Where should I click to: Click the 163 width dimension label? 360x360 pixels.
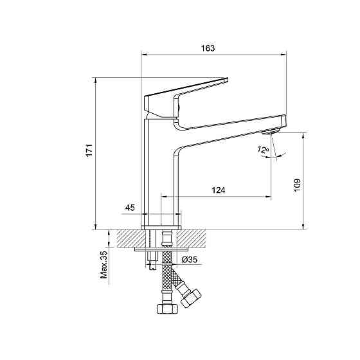(x=208, y=48)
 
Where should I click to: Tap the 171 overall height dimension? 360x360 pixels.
(x=89, y=150)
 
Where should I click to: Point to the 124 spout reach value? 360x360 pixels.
(x=218, y=190)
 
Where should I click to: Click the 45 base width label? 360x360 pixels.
(x=130, y=208)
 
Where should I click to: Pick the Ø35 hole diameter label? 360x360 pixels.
(x=190, y=260)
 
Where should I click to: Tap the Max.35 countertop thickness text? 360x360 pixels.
(x=104, y=265)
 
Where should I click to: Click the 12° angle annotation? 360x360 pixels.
(x=263, y=150)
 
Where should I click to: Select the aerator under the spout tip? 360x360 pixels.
(x=271, y=132)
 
